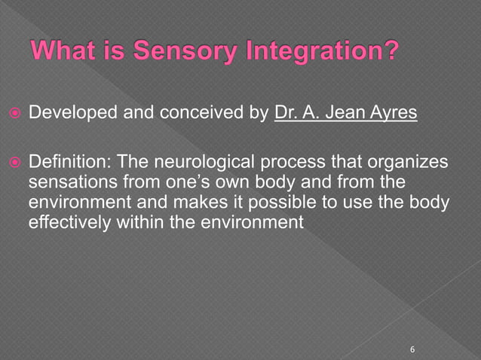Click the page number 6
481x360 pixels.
click(x=412, y=349)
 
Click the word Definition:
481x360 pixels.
click(x=66, y=165)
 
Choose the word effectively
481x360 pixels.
click(x=66, y=223)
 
